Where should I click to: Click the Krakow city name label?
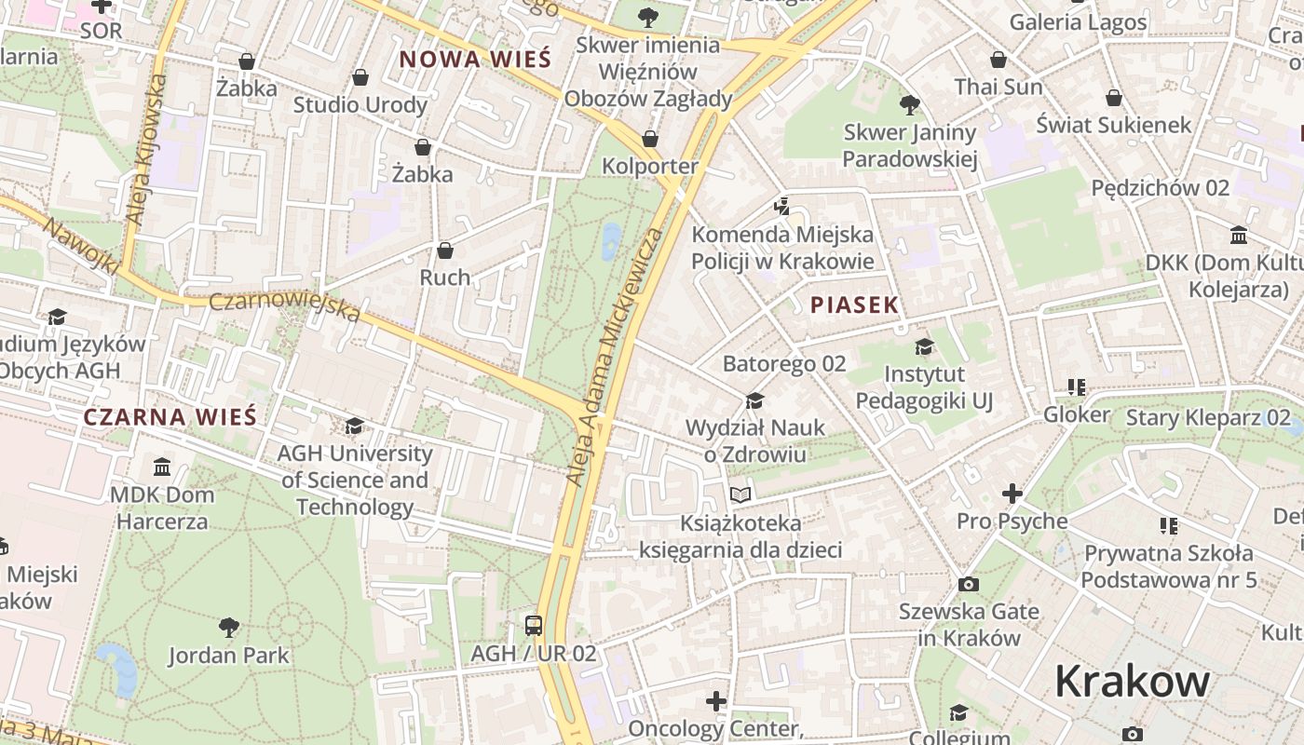point(1132,682)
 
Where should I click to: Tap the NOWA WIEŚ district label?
point(475,60)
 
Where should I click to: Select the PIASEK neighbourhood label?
point(854,305)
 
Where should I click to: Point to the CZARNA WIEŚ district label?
point(170,416)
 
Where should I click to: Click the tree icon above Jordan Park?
point(228,627)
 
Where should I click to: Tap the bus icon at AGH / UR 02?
point(533,625)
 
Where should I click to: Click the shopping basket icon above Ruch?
point(445,251)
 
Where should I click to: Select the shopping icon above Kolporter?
point(650,139)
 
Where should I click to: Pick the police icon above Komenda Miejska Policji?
point(782,206)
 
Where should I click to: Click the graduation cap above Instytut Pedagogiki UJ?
point(924,347)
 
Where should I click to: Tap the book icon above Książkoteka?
point(740,494)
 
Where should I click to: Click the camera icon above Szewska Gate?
point(969,584)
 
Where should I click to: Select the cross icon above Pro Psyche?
point(1012,494)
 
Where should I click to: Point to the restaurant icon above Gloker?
point(1077,386)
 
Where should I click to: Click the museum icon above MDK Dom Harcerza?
point(162,466)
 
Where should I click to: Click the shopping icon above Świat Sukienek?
point(1113,98)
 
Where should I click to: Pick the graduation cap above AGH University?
point(354,427)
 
